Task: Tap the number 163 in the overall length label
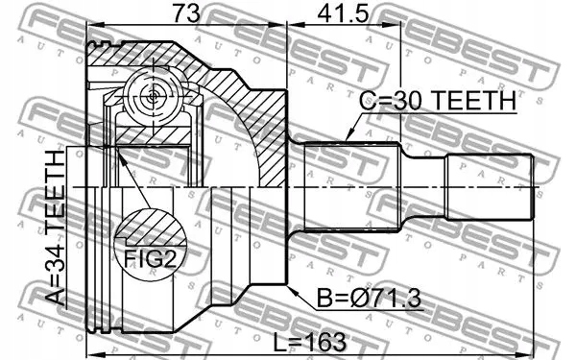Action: coord(322,341)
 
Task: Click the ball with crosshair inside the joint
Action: coord(154,95)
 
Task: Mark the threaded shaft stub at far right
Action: coord(490,184)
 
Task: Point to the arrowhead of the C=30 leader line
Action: coord(345,141)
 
